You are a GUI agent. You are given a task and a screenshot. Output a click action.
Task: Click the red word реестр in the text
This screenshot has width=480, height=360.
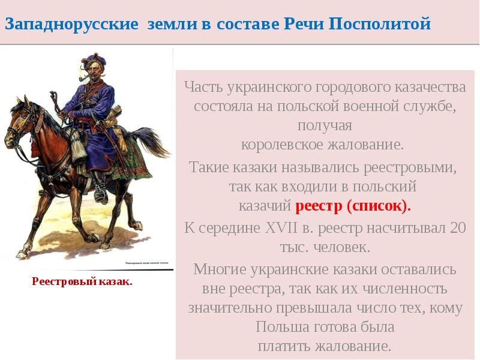click(x=319, y=206)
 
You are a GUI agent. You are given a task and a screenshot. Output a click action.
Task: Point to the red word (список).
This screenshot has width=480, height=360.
click(x=379, y=206)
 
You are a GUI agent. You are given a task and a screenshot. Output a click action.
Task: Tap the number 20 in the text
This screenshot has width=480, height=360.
click(x=457, y=228)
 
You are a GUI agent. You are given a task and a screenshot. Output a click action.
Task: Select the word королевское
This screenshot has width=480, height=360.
click(x=283, y=145)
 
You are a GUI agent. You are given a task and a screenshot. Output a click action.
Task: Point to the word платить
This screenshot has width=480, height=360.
click(x=284, y=346)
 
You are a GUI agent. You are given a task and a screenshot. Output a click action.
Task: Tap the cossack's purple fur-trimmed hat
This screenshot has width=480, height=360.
click(x=92, y=59)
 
